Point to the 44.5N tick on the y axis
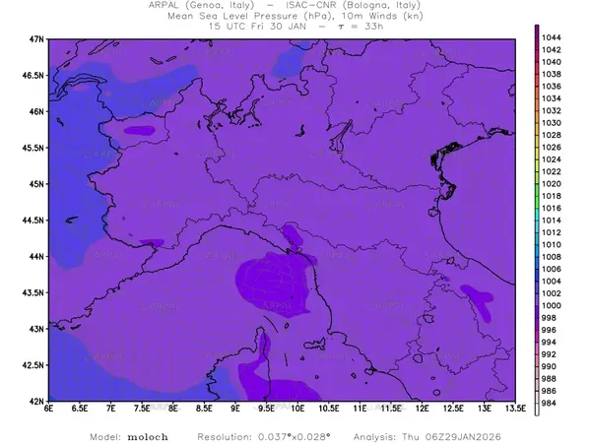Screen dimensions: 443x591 coord(32,221)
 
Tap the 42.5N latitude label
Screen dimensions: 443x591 coord(32,365)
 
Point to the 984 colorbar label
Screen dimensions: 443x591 coord(552,404)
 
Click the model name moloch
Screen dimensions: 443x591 coord(146,434)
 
